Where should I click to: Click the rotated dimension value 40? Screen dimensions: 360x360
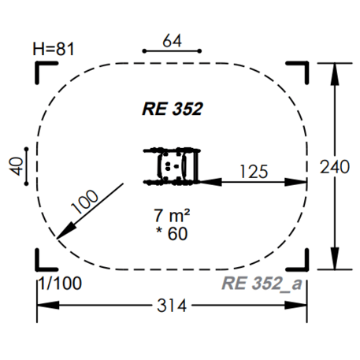13,165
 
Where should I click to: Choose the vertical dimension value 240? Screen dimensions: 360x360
336,166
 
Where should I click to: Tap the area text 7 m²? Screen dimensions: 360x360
173,214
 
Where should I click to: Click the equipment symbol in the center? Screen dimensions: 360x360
173,166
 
